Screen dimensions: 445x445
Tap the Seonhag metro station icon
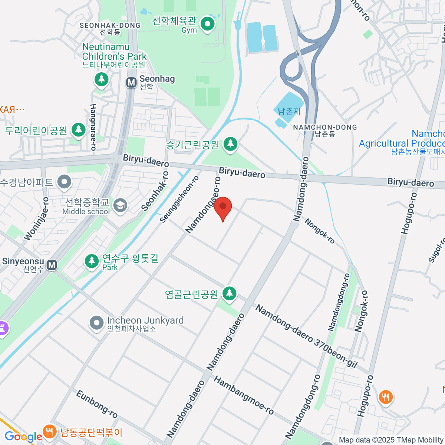(x=131, y=82)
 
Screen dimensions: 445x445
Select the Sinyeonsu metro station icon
(x=52, y=265)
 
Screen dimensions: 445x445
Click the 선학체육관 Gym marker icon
(x=207, y=25)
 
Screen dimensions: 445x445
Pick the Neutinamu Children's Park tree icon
(x=101, y=79)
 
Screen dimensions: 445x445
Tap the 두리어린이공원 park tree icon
(x=78, y=129)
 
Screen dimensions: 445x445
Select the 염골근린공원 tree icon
(x=230, y=293)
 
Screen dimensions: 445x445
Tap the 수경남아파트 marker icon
(x=65, y=182)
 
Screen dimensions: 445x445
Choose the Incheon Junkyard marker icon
(x=97, y=323)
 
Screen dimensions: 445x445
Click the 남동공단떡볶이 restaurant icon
(x=49, y=431)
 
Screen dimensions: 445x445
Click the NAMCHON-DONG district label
(x=325, y=128)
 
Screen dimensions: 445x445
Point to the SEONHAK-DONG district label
(x=110, y=26)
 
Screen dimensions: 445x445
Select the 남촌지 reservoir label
(x=289, y=111)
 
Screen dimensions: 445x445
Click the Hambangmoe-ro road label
(x=244, y=395)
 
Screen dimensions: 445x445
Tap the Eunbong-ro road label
(x=97, y=404)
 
